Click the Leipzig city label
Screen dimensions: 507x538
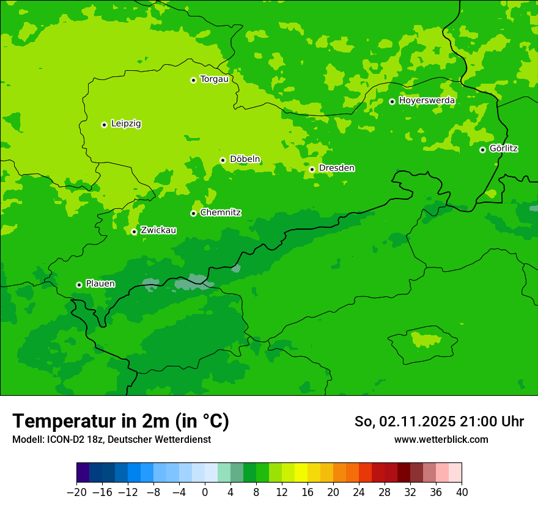pyautogui.click(x=126, y=124)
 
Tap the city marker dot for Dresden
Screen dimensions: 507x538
pyautogui.click(x=312, y=169)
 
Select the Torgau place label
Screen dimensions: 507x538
pyautogui.click(x=214, y=79)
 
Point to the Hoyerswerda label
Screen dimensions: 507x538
pyautogui.click(x=427, y=101)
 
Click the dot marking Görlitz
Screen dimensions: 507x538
pyautogui.click(x=482, y=150)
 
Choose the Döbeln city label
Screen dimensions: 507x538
pyautogui.click(x=245, y=159)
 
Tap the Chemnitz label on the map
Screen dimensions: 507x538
pyautogui.click(x=220, y=213)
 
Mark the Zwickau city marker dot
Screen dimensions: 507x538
pyautogui.click(x=134, y=232)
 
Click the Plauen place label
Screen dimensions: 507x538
pyautogui.click(x=100, y=284)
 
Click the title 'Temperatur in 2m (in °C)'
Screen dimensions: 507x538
pyautogui.click(x=120, y=421)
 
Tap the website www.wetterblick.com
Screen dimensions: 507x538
pyautogui.click(x=441, y=439)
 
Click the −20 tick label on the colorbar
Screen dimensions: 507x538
pyautogui.click(x=76, y=492)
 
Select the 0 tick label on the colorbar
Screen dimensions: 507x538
pyautogui.click(x=205, y=492)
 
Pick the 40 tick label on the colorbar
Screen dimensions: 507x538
pyautogui.click(x=462, y=492)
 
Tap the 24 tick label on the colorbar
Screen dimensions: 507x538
pyautogui.click(x=359, y=492)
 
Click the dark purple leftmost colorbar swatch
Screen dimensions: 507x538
pyautogui.click(x=83, y=473)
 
